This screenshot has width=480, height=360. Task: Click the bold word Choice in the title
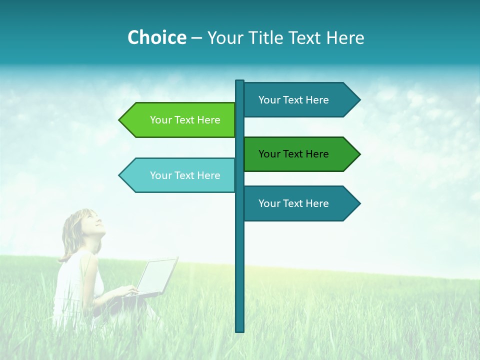(156, 37)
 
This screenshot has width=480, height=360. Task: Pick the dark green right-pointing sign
(300, 154)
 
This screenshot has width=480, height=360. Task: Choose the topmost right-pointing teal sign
(300, 100)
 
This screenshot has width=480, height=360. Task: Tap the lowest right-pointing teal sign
(300, 203)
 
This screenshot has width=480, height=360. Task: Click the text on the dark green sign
(293, 154)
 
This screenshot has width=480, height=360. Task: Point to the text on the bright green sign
(185, 120)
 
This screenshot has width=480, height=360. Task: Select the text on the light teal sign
(185, 175)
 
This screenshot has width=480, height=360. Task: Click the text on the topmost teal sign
(293, 100)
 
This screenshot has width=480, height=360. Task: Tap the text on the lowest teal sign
(293, 203)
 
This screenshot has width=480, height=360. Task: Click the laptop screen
(157, 275)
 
